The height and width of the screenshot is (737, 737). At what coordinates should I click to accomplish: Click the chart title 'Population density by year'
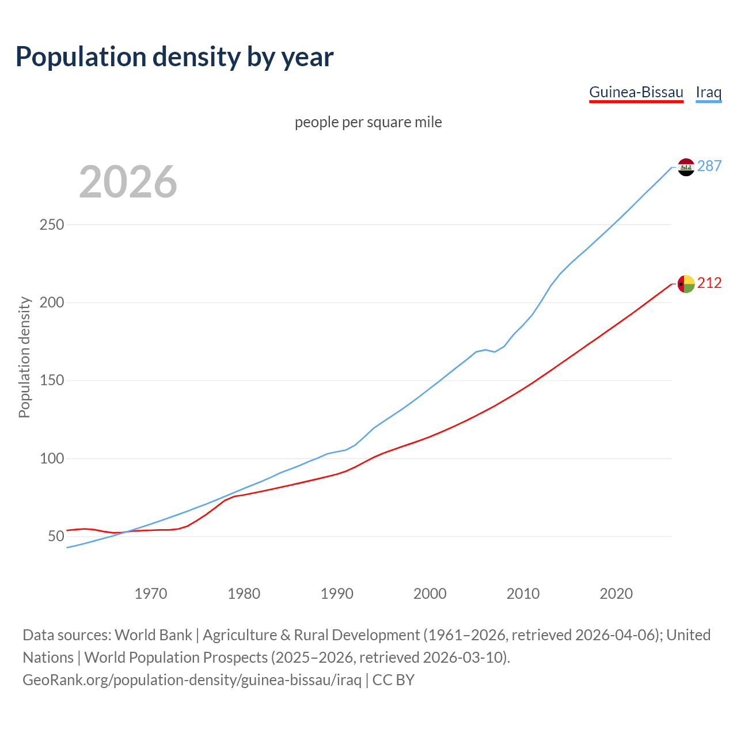point(174,57)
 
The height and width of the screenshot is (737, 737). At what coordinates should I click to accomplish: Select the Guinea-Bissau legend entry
point(636,92)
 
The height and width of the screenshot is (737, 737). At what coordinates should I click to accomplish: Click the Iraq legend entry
point(708,92)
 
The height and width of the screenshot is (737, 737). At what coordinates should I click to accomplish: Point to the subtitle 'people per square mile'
point(368,122)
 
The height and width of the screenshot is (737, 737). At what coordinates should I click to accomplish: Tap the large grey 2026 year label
point(128,182)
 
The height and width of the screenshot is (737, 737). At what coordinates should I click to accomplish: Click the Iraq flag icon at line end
point(686,167)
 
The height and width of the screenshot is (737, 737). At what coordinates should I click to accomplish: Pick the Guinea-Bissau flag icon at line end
point(686,284)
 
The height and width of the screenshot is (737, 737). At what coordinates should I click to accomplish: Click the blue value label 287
point(709,166)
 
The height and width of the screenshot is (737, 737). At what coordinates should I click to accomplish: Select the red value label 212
point(709,283)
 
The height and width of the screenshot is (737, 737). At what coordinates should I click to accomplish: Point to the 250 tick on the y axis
point(51,225)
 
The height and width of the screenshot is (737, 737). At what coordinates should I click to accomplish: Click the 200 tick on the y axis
point(51,302)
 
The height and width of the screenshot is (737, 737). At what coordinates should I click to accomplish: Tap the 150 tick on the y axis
point(51,381)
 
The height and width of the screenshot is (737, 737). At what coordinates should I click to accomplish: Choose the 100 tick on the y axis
point(51,459)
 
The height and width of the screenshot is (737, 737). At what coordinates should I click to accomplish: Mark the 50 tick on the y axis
point(55,537)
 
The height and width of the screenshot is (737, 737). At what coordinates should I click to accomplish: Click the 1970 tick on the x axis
point(151,594)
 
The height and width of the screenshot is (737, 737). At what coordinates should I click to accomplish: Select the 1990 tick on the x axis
point(337,594)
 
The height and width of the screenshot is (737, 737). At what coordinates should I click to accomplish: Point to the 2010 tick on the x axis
point(523,594)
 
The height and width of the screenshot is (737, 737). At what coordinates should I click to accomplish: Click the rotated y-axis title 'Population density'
point(24,357)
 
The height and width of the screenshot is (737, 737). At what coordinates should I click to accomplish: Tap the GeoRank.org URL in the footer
point(192,680)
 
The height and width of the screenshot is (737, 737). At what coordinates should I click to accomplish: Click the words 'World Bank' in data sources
point(153,635)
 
